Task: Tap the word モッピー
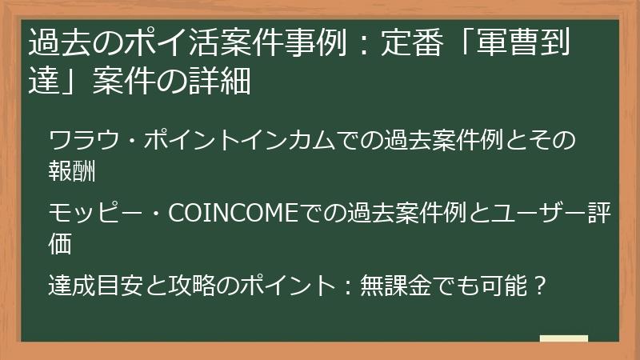89,214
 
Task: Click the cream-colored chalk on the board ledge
564,340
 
